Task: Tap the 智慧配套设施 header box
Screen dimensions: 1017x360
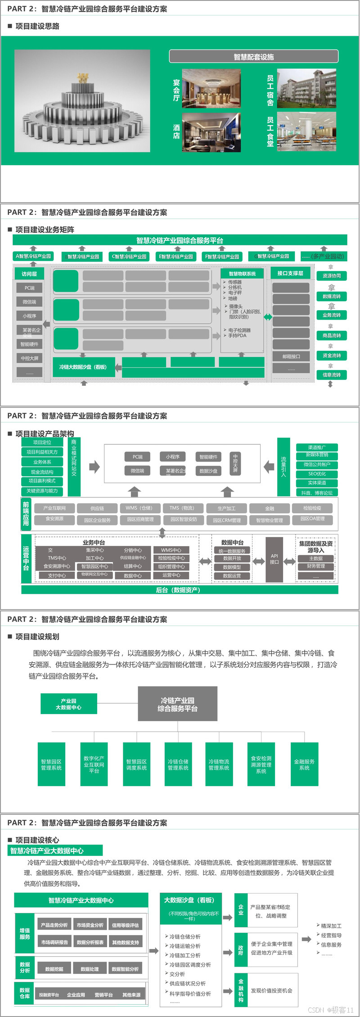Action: coord(253,57)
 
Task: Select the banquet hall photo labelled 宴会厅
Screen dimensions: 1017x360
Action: coord(211,88)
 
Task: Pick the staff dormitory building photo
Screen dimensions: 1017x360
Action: coord(306,88)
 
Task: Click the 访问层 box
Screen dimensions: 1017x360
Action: coord(29,274)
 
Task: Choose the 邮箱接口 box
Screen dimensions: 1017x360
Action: coord(291,357)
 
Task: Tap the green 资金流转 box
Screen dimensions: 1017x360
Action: coord(332,356)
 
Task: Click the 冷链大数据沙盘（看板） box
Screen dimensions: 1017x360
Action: coord(83,367)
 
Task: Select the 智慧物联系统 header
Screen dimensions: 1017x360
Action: coord(242,273)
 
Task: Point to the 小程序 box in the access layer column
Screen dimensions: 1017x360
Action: coord(29,316)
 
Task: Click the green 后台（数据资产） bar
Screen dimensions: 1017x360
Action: coord(180,590)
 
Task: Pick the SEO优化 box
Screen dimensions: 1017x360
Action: coord(317,474)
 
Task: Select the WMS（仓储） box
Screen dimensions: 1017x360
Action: coord(139,508)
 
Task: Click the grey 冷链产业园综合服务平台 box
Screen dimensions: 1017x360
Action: coord(177,704)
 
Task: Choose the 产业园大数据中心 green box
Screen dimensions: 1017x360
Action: coord(68,704)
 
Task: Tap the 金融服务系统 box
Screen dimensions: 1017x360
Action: coord(304,764)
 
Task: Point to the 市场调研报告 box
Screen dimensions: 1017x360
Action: coord(54,942)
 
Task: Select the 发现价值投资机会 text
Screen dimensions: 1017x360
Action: coord(271,990)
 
